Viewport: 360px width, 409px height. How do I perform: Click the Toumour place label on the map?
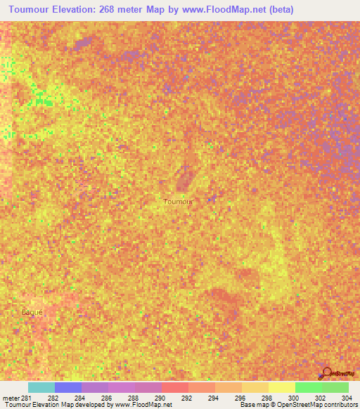pyautogui.click(x=177, y=201)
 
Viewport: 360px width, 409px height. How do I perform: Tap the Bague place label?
pyautogui.click(x=32, y=311)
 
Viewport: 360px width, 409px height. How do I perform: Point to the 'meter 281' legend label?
pyautogui.click(x=17, y=398)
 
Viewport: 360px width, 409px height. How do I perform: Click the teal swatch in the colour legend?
pyautogui.click(x=41, y=387)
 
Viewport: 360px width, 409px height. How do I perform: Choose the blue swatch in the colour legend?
pyautogui.click(x=68, y=387)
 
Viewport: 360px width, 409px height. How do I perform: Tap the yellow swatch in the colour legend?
pyautogui.click(x=282, y=387)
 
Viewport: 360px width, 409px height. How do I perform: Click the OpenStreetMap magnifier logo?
pyautogui.click(x=326, y=372)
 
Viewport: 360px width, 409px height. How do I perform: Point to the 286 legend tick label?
pyautogui.click(x=108, y=398)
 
